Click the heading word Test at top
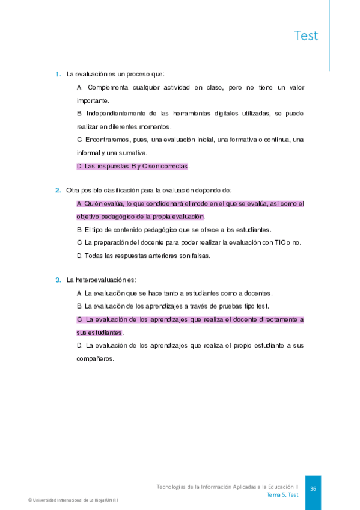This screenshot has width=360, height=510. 306,35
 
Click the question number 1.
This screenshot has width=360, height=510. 58,75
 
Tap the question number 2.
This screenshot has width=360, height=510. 58,191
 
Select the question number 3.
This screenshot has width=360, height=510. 58,280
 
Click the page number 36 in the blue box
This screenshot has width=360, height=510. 313,489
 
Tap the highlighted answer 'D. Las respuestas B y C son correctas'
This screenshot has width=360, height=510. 133,165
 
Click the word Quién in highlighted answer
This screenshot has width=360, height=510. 94,203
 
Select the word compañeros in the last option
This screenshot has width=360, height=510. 95,358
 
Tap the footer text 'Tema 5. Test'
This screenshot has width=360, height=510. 282,494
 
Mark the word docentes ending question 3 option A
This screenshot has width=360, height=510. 259,293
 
